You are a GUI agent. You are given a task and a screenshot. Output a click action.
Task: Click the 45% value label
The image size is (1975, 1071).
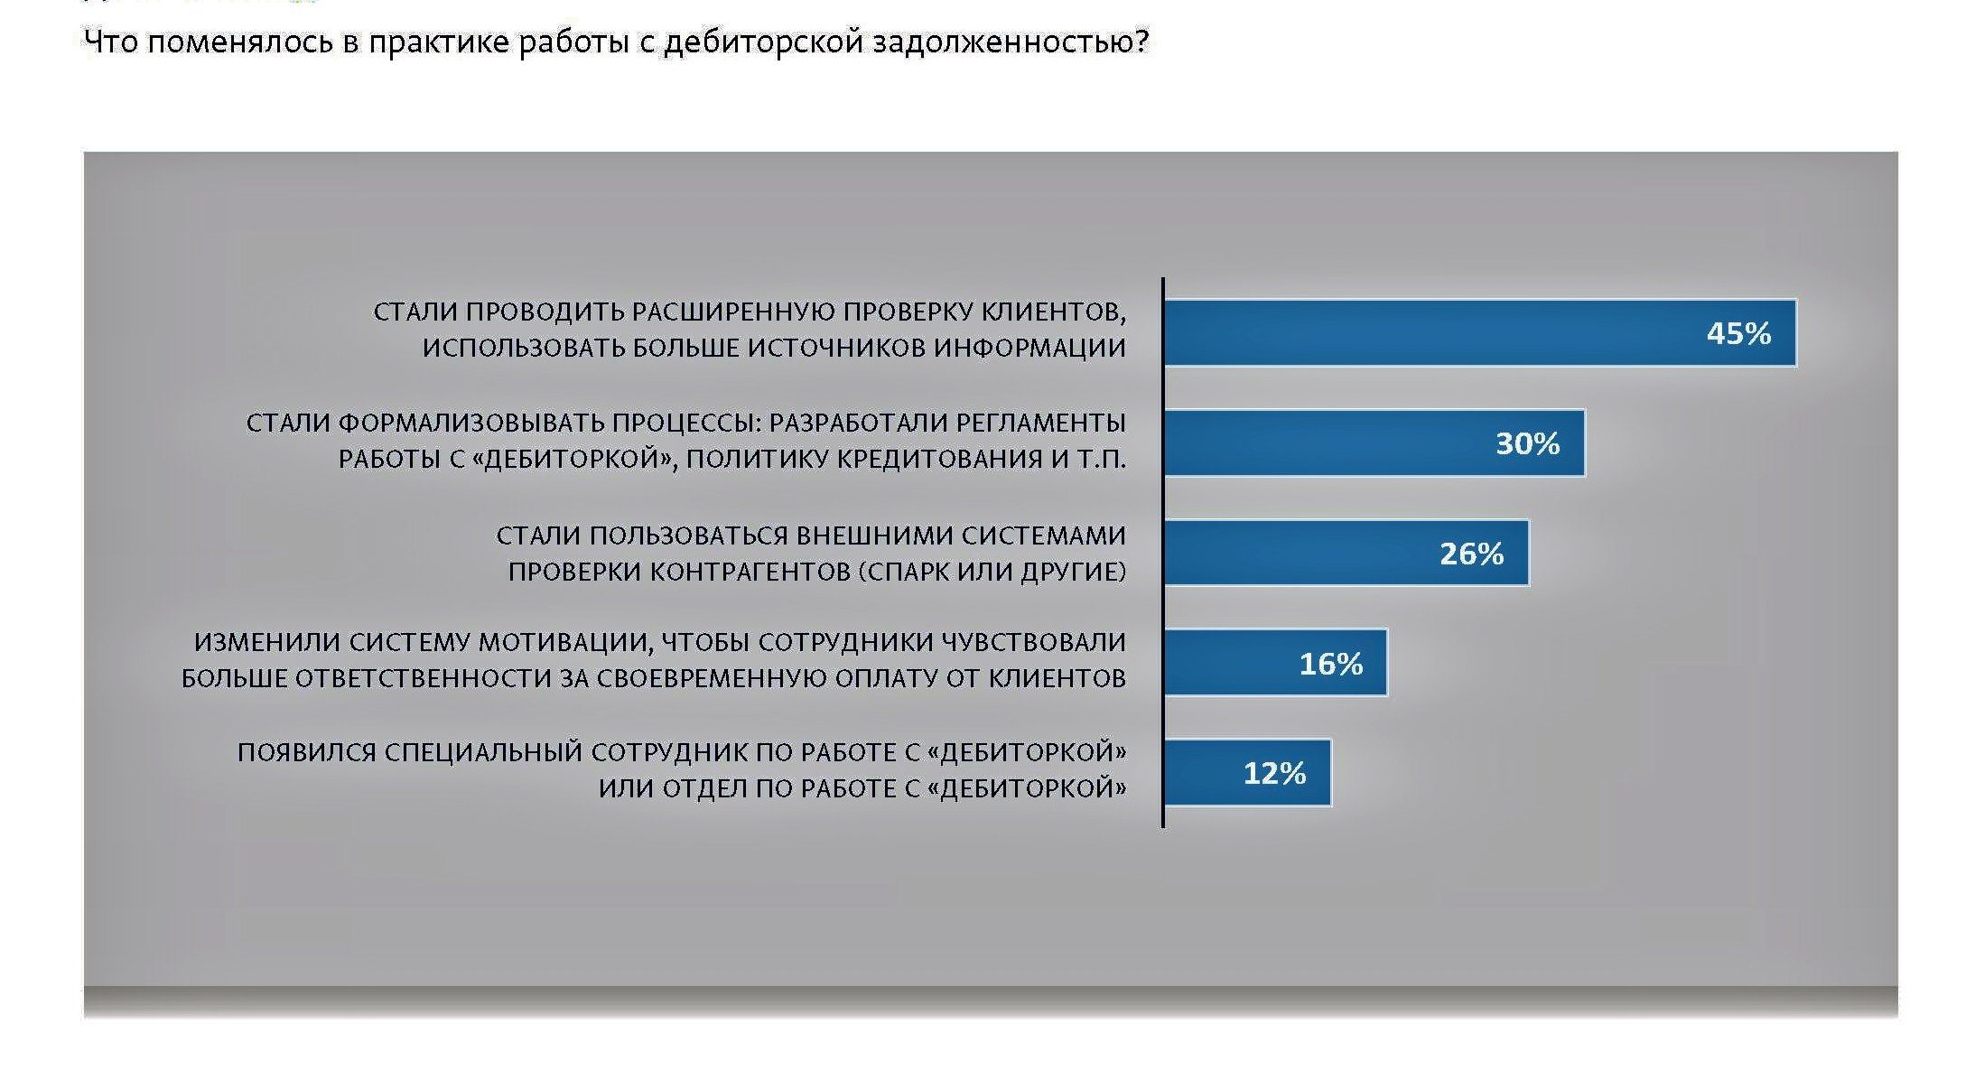1738,333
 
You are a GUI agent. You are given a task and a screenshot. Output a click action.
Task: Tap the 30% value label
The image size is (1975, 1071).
1528,443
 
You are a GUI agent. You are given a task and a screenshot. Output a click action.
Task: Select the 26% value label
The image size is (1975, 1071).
1472,554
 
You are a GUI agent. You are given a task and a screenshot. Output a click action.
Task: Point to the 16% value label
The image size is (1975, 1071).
1331,664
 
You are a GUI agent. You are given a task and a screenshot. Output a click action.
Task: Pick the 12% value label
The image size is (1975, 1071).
1274,773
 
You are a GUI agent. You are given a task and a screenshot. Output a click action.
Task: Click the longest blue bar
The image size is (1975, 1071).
1480,332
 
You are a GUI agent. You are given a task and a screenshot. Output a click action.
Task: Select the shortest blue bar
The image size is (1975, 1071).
1248,772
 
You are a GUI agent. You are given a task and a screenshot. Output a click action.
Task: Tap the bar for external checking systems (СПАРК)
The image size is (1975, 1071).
1346,553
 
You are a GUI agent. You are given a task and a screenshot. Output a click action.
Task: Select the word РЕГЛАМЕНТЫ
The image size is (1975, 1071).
1040,423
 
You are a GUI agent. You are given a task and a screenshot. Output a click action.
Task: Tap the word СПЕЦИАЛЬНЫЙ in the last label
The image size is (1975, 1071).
483,752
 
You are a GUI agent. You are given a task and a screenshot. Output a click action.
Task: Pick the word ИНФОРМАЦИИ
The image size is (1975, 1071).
1029,348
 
